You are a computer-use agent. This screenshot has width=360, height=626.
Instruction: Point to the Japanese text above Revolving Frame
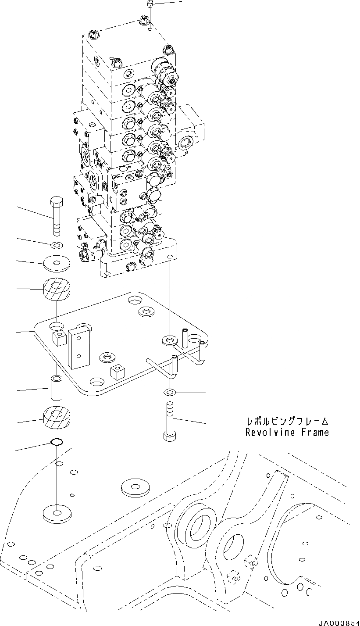click(287, 422)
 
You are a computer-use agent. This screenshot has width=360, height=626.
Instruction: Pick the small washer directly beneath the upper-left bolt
click(56, 244)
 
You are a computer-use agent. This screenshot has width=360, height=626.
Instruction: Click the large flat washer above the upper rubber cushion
click(56, 264)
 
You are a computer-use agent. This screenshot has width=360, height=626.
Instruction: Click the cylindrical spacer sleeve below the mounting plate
click(57, 387)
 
